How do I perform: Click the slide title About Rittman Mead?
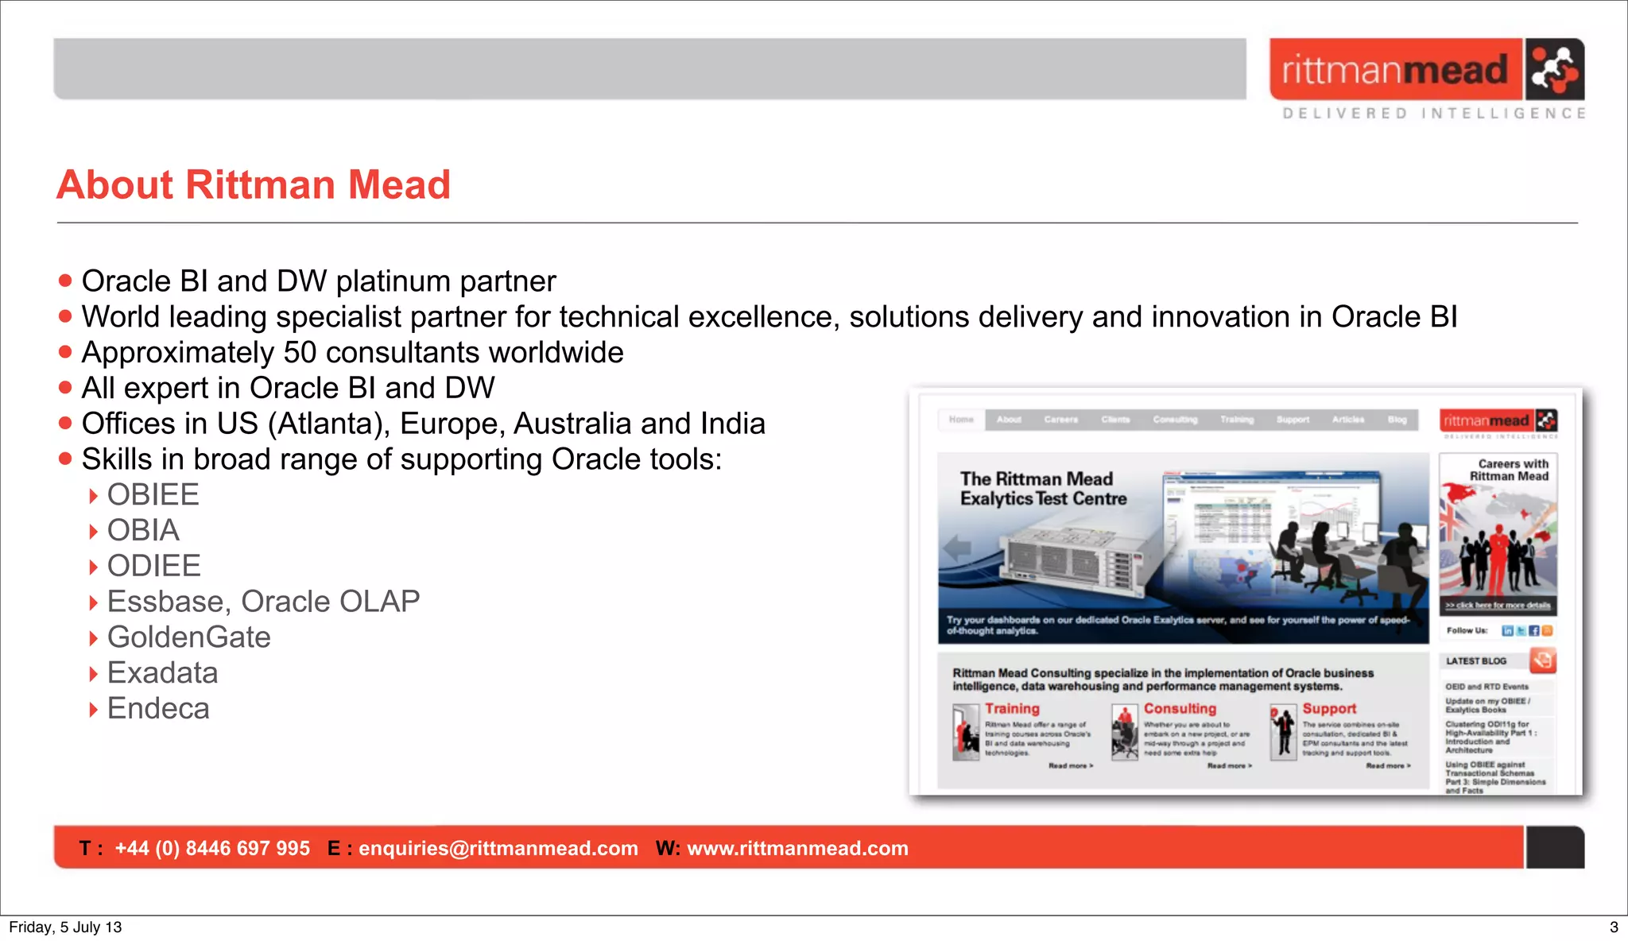tap(254, 185)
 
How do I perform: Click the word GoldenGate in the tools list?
tap(188, 637)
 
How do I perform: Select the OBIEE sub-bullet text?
tap(153, 495)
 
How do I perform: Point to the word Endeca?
tap(158, 709)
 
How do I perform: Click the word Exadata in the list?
tap(162, 673)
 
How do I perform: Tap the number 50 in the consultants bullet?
tap(300, 353)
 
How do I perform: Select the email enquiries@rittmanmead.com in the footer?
tap(498, 849)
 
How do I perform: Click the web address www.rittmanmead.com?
tap(797, 849)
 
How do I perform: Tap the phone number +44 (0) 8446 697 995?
tap(212, 849)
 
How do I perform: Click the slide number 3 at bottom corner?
tap(1613, 927)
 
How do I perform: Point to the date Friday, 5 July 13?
tap(65, 927)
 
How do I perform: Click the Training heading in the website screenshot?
tap(1012, 708)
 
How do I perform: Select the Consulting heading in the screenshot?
tap(1180, 708)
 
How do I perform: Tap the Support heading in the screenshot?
tap(1329, 708)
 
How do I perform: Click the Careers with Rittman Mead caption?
tap(1510, 470)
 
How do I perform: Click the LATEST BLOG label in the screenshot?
tap(1475, 661)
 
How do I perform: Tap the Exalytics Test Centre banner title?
tap(1042, 489)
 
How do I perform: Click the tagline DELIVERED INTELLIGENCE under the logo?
tap(1433, 114)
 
